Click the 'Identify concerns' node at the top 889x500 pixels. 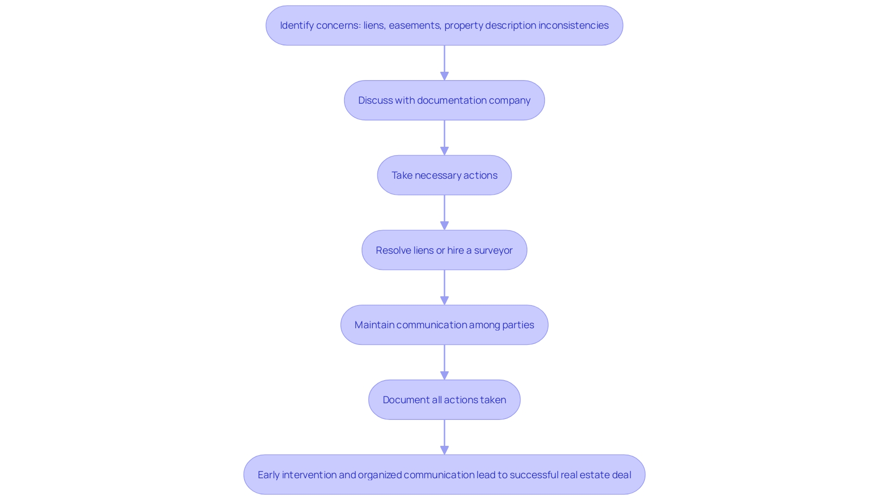(x=444, y=25)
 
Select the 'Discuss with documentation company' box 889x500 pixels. (x=444, y=100)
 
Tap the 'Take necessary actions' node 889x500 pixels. (x=444, y=175)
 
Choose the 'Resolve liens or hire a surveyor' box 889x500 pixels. (x=444, y=250)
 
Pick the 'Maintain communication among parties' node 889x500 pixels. (x=444, y=325)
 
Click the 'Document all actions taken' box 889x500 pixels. (x=444, y=400)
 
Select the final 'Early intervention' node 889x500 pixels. (x=444, y=475)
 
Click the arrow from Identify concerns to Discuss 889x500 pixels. (x=444, y=63)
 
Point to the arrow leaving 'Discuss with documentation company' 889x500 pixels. (x=444, y=138)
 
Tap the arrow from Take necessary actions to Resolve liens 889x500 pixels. (x=444, y=212)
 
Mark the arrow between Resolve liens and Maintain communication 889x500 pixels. (x=444, y=287)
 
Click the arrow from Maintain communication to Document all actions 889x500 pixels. (x=444, y=362)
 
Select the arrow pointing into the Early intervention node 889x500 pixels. (x=444, y=437)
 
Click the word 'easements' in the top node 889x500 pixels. (x=414, y=25)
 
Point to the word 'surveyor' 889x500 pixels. (x=493, y=250)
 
